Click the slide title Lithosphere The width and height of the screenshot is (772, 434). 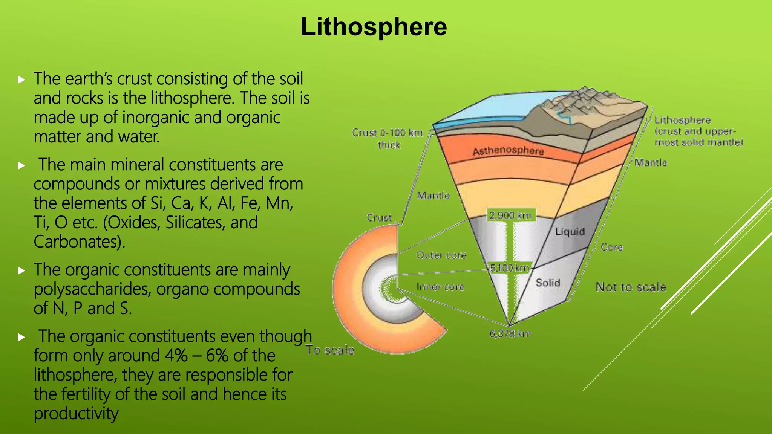point(374,27)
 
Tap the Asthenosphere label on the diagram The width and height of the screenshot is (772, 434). point(508,151)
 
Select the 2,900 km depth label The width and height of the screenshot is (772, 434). point(510,215)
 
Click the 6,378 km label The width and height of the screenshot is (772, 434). point(510,334)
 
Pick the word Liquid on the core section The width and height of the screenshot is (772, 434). point(570,231)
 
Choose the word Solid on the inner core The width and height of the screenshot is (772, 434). point(548,283)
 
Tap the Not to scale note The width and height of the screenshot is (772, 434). point(631,287)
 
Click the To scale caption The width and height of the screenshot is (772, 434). point(330,350)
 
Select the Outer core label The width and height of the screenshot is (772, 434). point(441,255)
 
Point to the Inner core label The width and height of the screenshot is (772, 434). point(440,287)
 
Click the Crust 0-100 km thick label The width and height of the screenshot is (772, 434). point(388,138)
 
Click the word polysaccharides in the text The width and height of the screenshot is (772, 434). point(92,289)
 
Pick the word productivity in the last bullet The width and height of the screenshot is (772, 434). point(76,414)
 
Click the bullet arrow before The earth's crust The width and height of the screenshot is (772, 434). point(21,79)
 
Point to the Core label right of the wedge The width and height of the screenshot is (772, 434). point(611,247)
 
